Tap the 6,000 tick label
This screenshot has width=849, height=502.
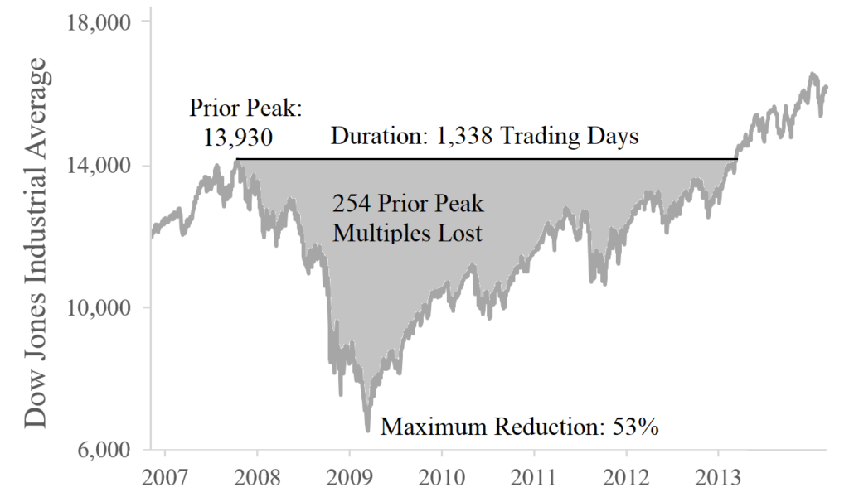pos(104,450)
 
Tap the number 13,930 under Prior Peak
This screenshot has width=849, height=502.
pos(238,135)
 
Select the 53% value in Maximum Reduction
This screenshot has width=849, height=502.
pos(635,427)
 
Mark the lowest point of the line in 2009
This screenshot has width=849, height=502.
pos(367,430)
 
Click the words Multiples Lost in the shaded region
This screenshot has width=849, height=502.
pos(407,233)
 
